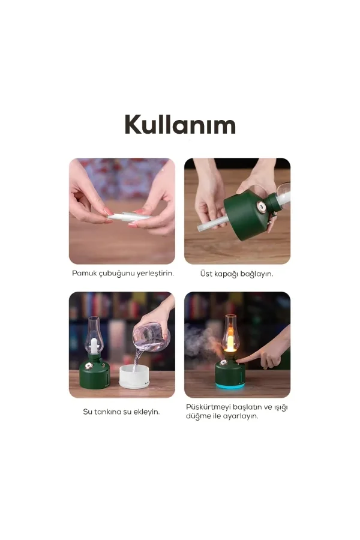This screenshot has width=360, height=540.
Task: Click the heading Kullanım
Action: (x=180, y=124)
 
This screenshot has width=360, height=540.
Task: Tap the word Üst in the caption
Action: (x=206, y=274)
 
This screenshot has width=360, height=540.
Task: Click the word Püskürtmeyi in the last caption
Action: (x=208, y=407)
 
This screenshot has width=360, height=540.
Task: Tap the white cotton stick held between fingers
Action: (x=129, y=217)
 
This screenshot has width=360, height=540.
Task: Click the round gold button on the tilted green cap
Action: (x=261, y=207)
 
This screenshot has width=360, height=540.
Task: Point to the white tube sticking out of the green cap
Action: (x=212, y=223)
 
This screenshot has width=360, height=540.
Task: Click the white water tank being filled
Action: (x=134, y=376)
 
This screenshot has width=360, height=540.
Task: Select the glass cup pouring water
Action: (x=151, y=337)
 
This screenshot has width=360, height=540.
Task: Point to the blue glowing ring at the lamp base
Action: (x=230, y=385)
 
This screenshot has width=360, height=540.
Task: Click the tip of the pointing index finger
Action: (x=238, y=360)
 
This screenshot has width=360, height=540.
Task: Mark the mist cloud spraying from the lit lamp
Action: (x=204, y=341)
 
